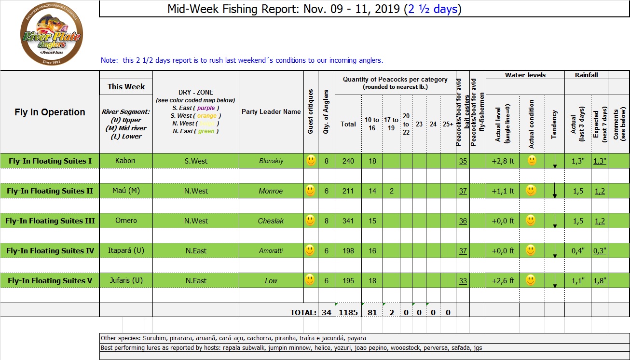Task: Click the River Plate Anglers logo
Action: [x=51, y=35]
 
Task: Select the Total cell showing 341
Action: [x=348, y=221]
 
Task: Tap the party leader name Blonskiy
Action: [x=271, y=161]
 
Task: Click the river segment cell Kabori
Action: [x=125, y=160]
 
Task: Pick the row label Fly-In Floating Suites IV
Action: [x=50, y=251]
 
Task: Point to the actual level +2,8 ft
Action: [x=503, y=161]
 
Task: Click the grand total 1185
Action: [x=348, y=312]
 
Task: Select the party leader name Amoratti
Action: [x=271, y=251]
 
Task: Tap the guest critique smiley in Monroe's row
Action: [x=311, y=191]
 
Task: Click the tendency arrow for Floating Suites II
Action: [x=555, y=191]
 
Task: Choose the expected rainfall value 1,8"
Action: [x=600, y=281]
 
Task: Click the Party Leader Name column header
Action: [x=271, y=111]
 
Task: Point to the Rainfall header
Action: [x=586, y=75]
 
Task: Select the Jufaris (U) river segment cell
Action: [x=125, y=280]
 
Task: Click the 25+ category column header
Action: [x=448, y=124]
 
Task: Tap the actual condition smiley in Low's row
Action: [x=531, y=280]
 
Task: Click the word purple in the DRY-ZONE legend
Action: [x=206, y=108]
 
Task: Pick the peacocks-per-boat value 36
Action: [x=463, y=221]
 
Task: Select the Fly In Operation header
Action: [x=50, y=112]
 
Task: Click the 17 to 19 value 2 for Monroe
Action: [x=391, y=191]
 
